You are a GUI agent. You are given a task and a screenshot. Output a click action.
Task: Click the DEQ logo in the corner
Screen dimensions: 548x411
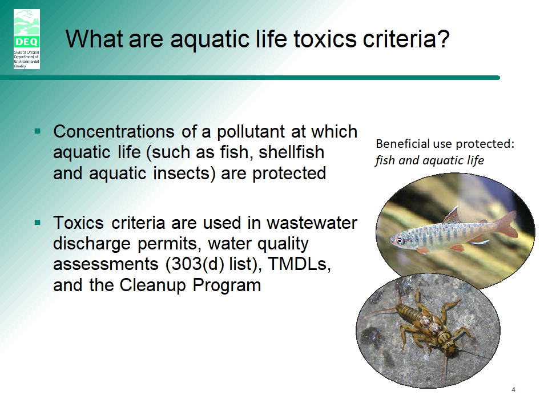point(27,39)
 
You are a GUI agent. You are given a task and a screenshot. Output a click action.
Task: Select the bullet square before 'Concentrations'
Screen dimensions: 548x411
point(38,132)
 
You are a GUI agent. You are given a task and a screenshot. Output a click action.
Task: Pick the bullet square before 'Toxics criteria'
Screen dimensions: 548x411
point(38,223)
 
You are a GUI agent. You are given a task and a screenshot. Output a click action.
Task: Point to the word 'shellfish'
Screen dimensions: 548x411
point(292,152)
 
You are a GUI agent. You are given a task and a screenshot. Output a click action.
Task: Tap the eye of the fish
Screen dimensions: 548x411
point(399,240)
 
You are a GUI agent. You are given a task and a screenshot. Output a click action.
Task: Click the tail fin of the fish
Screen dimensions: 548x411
point(507,224)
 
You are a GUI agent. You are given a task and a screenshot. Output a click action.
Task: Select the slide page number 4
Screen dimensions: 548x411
point(513,389)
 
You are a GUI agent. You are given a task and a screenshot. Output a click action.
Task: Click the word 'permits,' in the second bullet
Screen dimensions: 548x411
point(170,244)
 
